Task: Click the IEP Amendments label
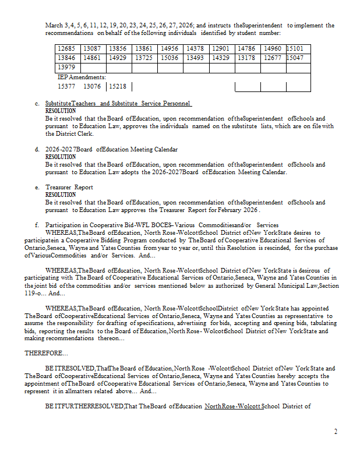pos(82,77)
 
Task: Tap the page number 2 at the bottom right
pos(336,432)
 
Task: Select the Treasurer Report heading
pos(69,188)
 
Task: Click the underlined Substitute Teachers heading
pos(118,104)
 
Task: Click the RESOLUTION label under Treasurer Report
pos(61,195)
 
